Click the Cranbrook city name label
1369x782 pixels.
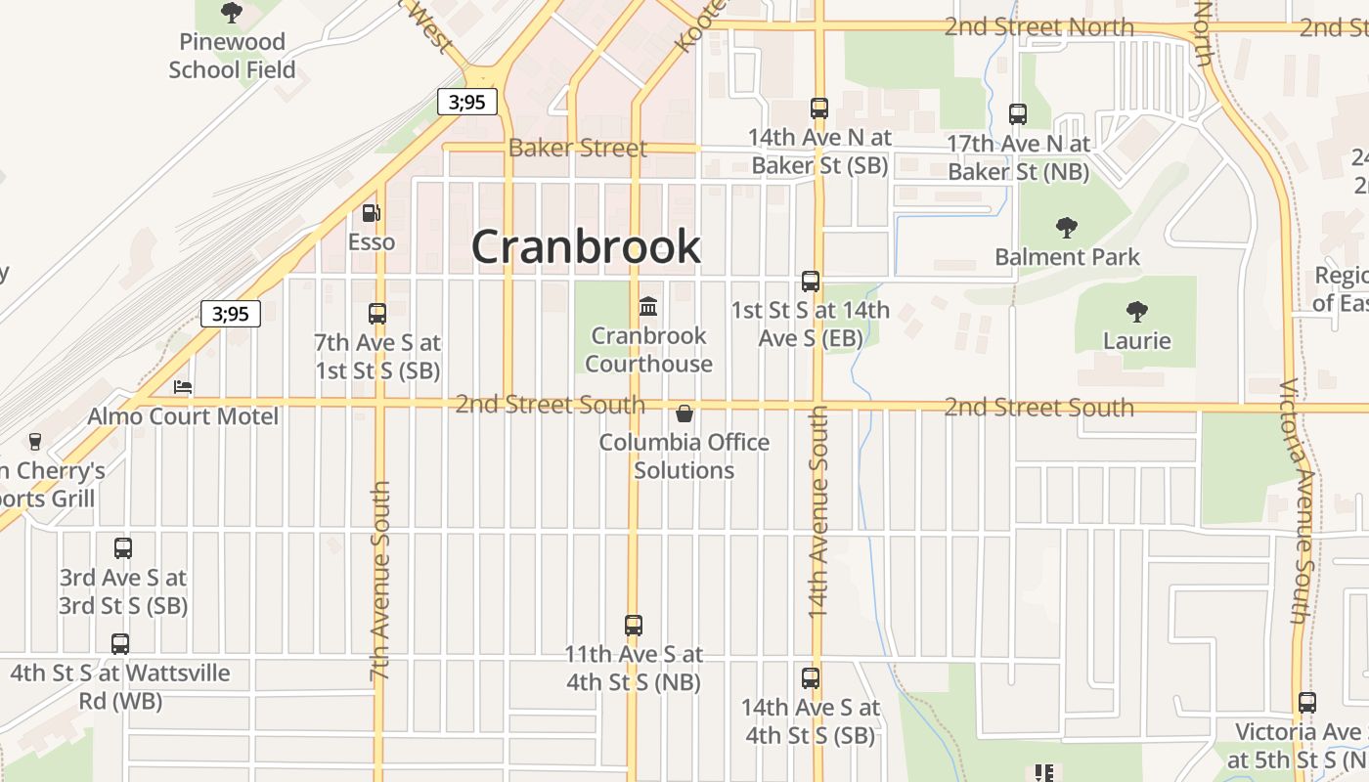[x=586, y=246]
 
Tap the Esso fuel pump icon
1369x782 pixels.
[x=372, y=212]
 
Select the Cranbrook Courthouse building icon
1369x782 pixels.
[x=648, y=307]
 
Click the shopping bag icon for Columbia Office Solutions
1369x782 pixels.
[x=684, y=413]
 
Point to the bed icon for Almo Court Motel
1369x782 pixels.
[x=183, y=387]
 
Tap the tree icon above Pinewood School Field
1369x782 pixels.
[x=232, y=13]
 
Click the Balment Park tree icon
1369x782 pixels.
[x=1067, y=228]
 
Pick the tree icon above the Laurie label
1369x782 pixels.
[x=1136, y=312]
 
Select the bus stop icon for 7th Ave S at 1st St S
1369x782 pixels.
[x=377, y=314]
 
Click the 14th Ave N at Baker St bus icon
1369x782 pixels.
[x=819, y=108]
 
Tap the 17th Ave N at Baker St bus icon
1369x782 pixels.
[x=1018, y=114]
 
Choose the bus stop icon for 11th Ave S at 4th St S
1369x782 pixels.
[x=634, y=625]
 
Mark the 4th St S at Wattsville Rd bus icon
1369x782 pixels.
[x=120, y=644]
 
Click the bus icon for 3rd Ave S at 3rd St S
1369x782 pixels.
[x=123, y=548]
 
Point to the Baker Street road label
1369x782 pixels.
[x=577, y=149]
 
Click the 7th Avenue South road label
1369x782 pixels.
[x=380, y=581]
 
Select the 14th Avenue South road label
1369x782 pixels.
[x=818, y=511]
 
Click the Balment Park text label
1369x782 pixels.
[x=1067, y=257]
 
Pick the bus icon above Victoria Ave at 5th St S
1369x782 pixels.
[x=1307, y=703]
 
